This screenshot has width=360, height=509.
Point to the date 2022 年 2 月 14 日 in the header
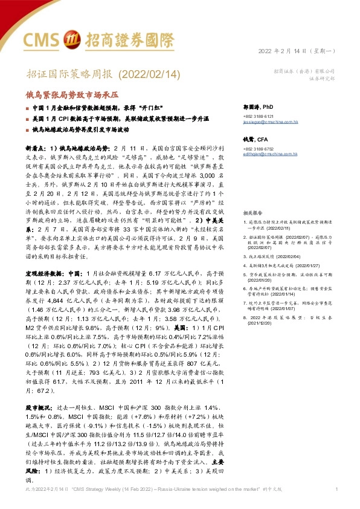pos(292,51)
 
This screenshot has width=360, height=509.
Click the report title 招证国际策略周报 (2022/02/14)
pos(95,74)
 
